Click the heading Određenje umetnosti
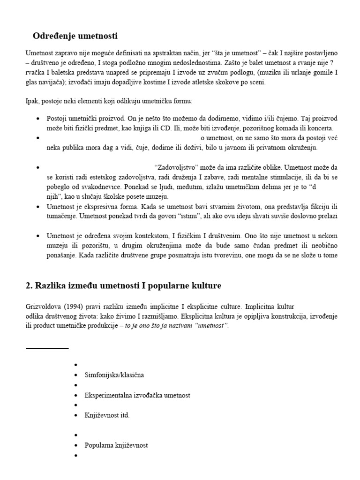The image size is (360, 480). (75, 36)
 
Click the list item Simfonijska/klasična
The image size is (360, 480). (114, 375)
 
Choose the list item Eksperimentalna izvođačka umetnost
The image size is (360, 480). (137, 395)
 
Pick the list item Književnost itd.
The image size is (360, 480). (107, 415)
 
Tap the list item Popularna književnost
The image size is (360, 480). (116, 445)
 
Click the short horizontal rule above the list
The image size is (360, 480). (47, 349)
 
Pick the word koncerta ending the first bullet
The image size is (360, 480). (319, 128)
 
